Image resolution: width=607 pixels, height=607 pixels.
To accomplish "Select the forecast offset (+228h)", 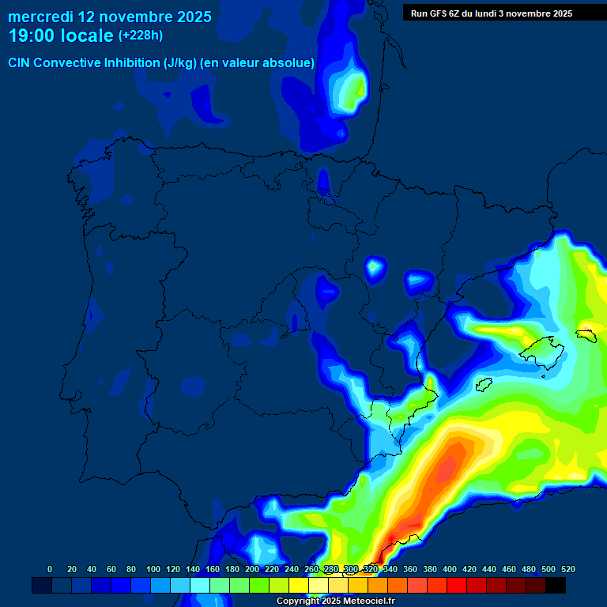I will [x=140, y=36].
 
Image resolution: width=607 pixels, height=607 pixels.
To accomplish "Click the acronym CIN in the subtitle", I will [x=20, y=63].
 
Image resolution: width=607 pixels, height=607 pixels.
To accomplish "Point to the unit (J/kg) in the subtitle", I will [x=181, y=63].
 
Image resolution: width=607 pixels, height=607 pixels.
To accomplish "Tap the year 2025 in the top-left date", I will [x=189, y=17].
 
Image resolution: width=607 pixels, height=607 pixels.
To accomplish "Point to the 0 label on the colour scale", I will [x=50, y=570].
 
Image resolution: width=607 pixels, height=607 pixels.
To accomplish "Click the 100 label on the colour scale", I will [x=153, y=570].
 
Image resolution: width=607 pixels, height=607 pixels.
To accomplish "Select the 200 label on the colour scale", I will [x=252, y=570].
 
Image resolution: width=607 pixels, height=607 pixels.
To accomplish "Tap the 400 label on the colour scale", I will [x=450, y=570].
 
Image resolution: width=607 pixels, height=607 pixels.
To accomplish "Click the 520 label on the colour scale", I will [x=567, y=570].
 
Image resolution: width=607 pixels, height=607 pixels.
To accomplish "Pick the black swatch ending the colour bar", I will [x=556, y=586].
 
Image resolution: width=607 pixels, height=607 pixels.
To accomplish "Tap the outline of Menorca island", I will [x=586, y=334].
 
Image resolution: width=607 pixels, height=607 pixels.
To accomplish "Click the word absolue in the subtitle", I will [x=289, y=63].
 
